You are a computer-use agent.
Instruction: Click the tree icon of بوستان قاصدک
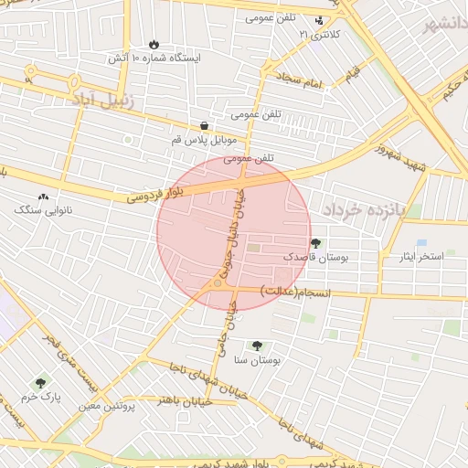[315, 243]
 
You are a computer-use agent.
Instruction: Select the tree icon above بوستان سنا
[257, 346]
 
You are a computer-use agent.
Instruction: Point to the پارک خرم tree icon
[39, 384]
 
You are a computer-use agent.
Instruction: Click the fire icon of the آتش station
[154, 43]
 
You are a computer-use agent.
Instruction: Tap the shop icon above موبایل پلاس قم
[203, 126]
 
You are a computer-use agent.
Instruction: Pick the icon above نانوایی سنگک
[42, 196]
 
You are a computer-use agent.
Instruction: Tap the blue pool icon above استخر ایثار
[420, 242]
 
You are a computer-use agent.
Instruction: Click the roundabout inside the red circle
[218, 284]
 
